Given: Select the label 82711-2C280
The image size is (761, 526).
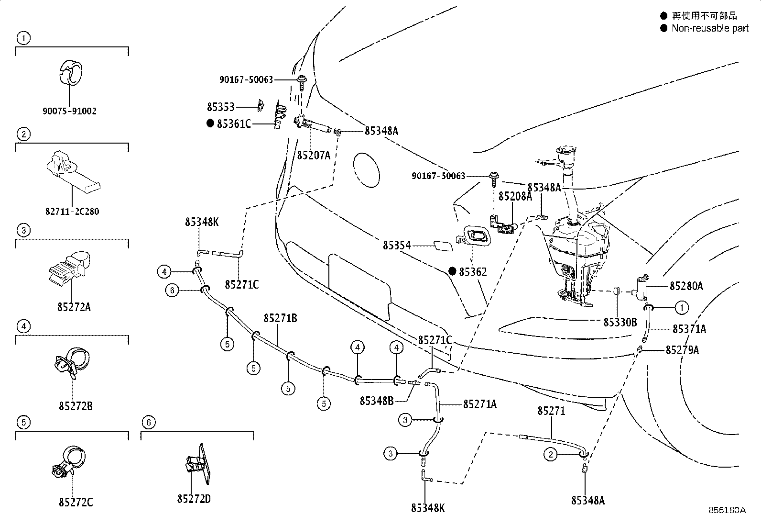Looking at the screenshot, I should click(x=72, y=211).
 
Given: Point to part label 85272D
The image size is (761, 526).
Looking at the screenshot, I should click(x=194, y=499).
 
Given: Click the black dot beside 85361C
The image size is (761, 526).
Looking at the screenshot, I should click(x=210, y=123).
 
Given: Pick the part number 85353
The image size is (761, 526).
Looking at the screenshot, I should click(x=221, y=107).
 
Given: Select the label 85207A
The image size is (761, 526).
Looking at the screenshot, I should click(x=314, y=155).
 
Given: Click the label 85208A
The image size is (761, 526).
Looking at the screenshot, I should click(x=515, y=196).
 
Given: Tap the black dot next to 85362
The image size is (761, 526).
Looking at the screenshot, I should click(x=452, y=271).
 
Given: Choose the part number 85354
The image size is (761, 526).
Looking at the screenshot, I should click(x=397, y=246).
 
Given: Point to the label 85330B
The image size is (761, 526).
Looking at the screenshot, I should click(x=620, y=323).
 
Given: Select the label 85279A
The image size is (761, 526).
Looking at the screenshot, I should click(x=682, y=350).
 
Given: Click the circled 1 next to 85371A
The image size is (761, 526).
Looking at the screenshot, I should click(x=682, y=307).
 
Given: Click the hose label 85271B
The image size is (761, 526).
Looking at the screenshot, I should click(x=280, y=318).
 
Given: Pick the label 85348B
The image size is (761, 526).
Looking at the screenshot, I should click(x=377, y=400).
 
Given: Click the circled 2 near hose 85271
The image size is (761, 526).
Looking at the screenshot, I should click(x=551, y=454).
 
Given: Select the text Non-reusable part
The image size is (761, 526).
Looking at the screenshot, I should click(x=710, y=28).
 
